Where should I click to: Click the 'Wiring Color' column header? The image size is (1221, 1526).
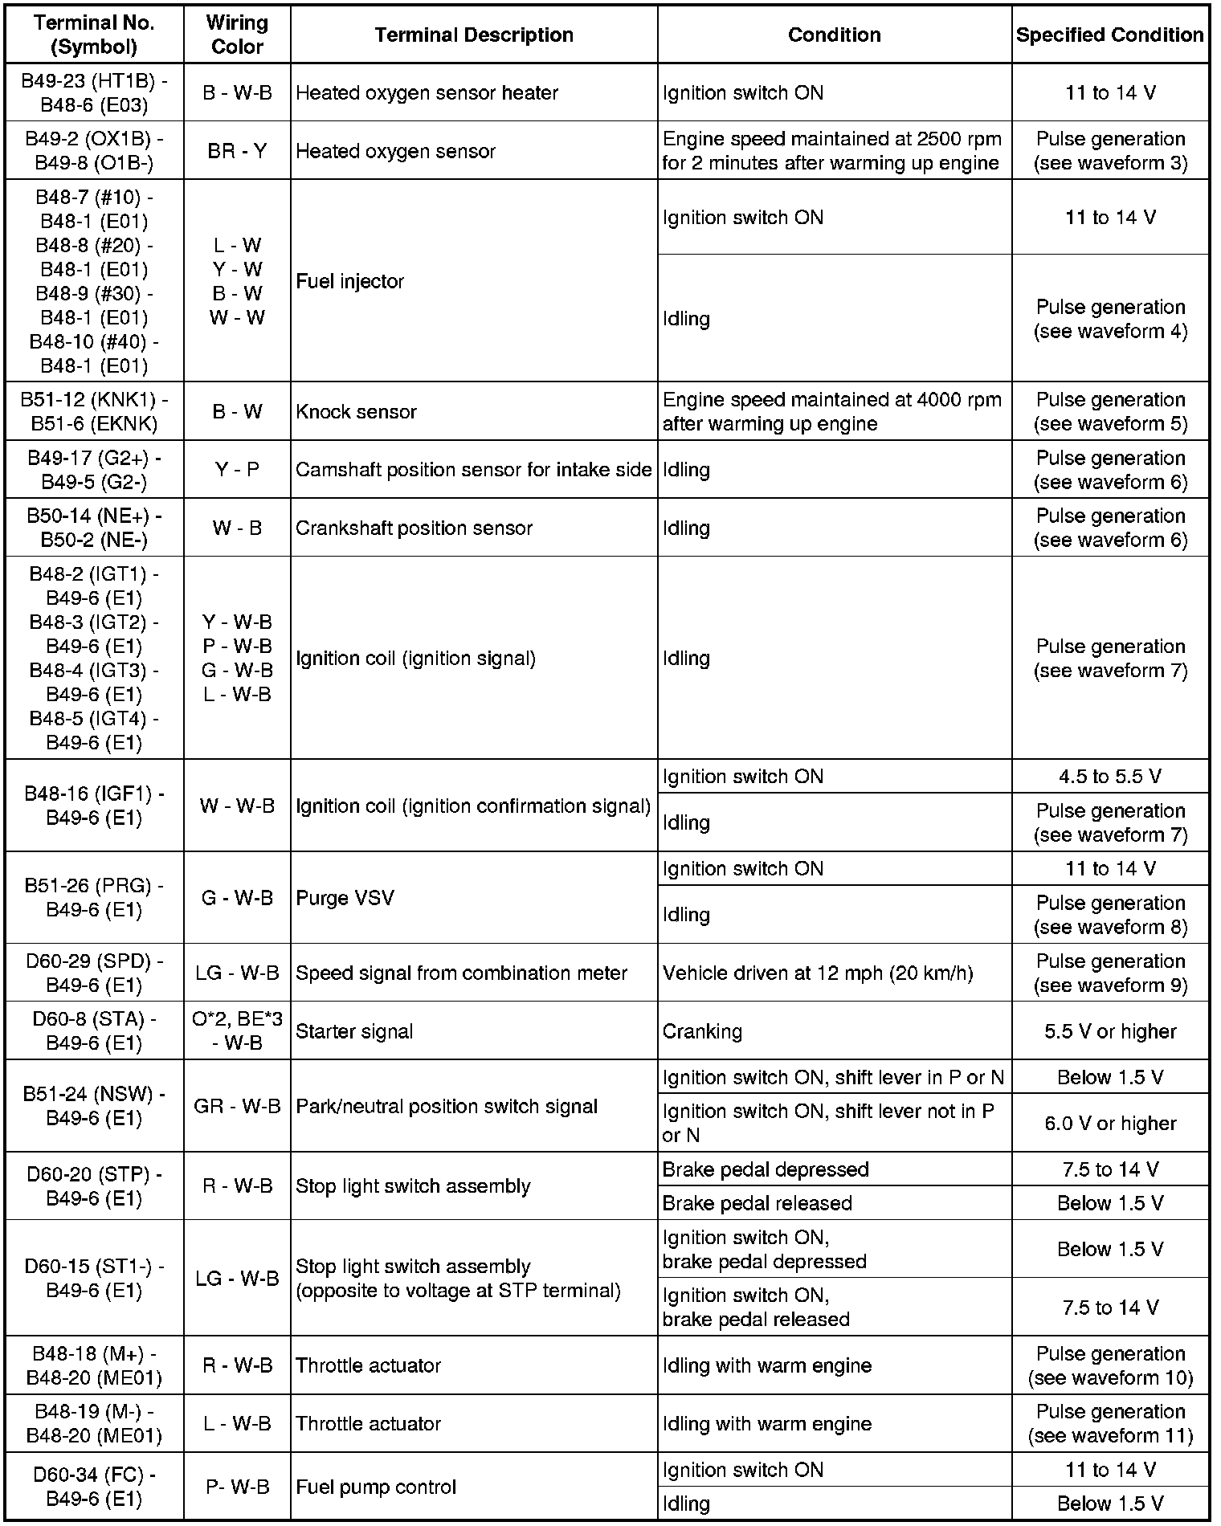[x=237, y=35]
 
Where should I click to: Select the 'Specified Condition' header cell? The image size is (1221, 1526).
[x=1109, y=35]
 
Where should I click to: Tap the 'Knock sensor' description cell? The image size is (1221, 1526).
[x=356, y=412]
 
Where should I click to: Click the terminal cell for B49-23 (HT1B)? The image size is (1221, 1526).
[x=94, y=93]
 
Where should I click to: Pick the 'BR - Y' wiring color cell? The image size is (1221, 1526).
[x=237, y=151]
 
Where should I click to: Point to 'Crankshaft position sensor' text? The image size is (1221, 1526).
[x=414, y=528]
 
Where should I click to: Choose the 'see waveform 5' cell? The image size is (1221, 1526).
[x=1110, y=412]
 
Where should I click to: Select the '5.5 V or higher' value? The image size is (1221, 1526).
[x=1110, y=1031]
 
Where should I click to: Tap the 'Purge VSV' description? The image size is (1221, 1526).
[x=345, y=898]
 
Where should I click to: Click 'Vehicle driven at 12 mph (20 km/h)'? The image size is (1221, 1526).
[x=818, y=973]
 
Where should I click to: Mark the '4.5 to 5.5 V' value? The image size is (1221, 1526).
[x=1110, y=777]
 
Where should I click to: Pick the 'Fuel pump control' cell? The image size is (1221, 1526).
[x=376, y=1487]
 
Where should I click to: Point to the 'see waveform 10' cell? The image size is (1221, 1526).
[x=1110, y=1365]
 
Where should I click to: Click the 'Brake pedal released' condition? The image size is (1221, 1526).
[x=757, y=1203]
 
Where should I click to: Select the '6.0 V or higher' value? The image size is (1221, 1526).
[x=1110, y=1124]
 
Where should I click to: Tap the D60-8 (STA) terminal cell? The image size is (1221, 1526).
[x=94, y=1031]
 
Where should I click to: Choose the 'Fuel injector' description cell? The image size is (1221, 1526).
[x=349, y=282]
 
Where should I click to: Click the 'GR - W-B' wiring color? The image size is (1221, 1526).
[x=237, y=1107]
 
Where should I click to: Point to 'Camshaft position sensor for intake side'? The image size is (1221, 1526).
[x=473, y=470]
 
